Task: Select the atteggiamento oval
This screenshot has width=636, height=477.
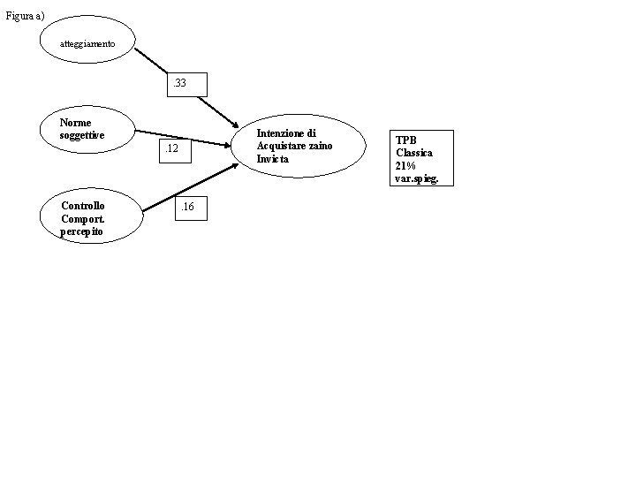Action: [87, 40]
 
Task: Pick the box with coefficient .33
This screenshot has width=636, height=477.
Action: [190, 84]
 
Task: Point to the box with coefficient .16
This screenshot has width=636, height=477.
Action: [191, 208]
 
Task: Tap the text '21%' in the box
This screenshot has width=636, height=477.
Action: [406, 165]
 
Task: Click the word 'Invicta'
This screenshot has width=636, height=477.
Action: [272, 158]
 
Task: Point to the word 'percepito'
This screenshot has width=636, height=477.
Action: [81, 231]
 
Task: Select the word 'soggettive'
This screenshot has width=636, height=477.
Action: [82, 135]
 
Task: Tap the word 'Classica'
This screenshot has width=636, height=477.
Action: [414, 153]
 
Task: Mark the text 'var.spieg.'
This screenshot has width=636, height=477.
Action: [417, 178]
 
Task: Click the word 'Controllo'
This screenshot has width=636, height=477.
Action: [82, 205]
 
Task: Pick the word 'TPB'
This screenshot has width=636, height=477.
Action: [405, 140]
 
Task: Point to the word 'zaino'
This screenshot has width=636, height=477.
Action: [320, 146]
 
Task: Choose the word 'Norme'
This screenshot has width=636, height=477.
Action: [75, 123]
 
